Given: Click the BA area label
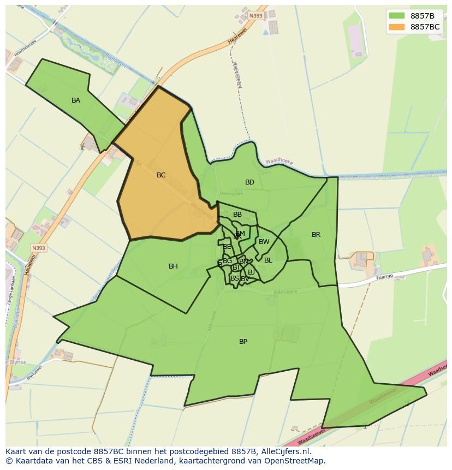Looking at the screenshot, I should (x=76, y=100).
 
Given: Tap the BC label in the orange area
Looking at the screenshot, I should (x=161, y=175).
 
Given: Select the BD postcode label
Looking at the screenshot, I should (x=249, y=182).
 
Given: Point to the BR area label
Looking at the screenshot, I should (x=316, y=235).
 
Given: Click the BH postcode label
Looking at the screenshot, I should (x=173, y=266).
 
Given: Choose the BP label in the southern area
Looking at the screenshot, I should (x=243, y=342).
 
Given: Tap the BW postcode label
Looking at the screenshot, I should (x=264, y=242).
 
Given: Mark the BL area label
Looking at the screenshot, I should (x=268, y=260).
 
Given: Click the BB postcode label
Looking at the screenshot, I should (x=237, y=215).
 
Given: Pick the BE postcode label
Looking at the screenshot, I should (x=227, y=247).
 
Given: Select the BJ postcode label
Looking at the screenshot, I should (x=252, y=272).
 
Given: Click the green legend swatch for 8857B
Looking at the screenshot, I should (x=397, y=16).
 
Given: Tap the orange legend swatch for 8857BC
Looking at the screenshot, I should (x=397, y=27).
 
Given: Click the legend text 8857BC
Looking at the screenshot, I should (x=425, y=27).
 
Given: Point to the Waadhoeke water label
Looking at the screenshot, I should (x=279, y=162).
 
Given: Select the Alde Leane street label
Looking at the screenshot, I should (x=286, y=292).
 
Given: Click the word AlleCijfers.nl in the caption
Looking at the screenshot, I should (x=284, y=451).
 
